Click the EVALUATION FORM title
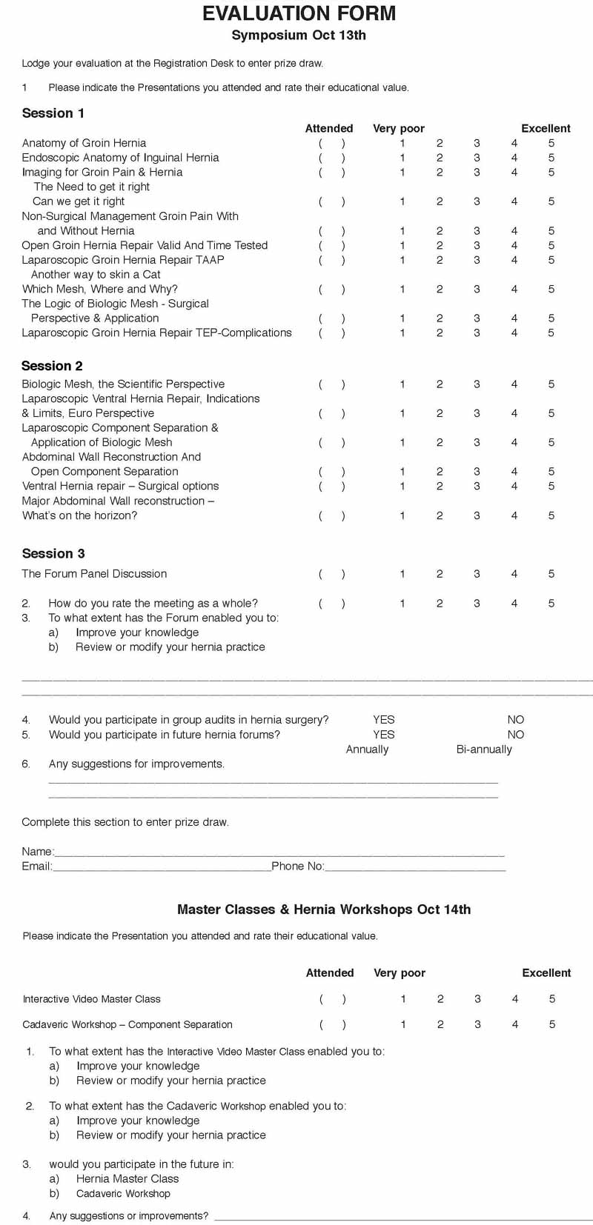(x=299, y=13)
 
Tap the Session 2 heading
(x=52, y=366)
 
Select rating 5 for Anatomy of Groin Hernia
(x=551, y=143)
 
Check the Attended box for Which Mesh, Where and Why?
(x=331, y=289)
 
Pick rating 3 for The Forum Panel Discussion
(x=477, y=574)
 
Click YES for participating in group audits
(x=383, y=720)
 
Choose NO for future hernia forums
(x=516, y=735)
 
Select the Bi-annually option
(x=484, y=750)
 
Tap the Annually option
(x=367, y=750)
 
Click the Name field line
(x=279, y=852)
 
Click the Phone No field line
(x=415, y=867)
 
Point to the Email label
(x=36, y=867)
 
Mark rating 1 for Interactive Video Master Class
(x=403, y=999)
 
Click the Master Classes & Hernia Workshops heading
(x=324, y=909)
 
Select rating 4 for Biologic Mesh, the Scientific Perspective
(x=514, y=384)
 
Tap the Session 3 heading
(x=53, y=554)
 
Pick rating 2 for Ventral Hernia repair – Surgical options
(x=440, y=487)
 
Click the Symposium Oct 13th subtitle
(x=299, y=36)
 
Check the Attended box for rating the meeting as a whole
(x=331, y=604)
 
